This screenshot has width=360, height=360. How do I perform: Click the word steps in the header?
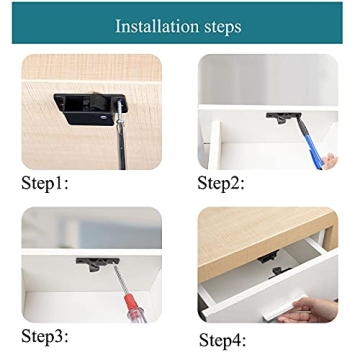[221, 26]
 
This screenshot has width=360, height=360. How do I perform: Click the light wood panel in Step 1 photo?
[60, 80]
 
